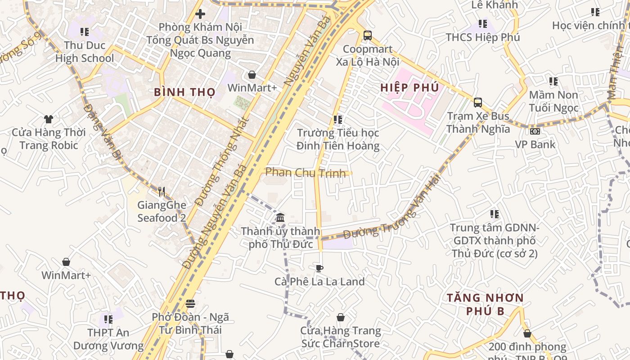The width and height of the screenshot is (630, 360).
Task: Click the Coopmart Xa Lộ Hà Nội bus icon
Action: tap(367, 35)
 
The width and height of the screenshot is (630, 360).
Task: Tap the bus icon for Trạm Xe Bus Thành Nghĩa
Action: tap(478, 102)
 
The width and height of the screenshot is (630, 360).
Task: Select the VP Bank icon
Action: tap(535, 131)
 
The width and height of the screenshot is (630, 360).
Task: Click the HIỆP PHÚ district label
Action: tap(409, 87)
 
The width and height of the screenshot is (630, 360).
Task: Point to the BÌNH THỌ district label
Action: tap(185, 92)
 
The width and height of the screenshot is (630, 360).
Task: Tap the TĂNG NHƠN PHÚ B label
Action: tap(485, 304)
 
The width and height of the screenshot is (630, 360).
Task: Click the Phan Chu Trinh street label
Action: tap(306, 172)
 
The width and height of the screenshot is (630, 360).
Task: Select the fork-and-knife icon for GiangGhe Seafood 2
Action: tap(162, 191)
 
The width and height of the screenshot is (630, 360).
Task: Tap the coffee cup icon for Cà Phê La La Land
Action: tap(319, 268)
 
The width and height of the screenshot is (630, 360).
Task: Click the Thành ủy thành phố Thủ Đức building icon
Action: tap(280, 218)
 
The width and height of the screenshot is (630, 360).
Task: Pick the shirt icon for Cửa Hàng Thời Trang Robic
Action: tap(49, 119)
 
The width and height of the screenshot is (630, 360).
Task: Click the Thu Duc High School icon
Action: tap(84, 32)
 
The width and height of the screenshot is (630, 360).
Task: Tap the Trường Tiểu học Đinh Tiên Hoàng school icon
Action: tap(337, 119)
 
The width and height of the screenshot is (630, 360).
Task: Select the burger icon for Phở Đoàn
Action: tap(190, 304)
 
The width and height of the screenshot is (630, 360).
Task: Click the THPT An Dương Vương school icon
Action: tap(108, 319)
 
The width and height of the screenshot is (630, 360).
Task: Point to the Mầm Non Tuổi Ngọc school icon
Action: tap(553, 81)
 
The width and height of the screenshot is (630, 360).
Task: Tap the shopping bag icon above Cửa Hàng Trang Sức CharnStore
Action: tap(341, 317)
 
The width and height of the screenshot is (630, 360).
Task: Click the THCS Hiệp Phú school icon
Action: tap(483, 23)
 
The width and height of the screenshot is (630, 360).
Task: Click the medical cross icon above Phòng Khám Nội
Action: tap(200, 14)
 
